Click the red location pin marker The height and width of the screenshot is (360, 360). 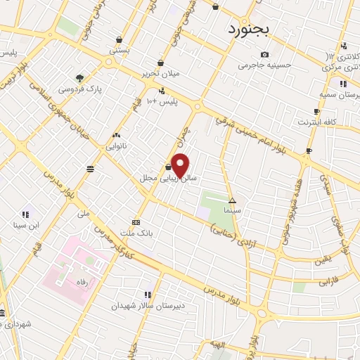(x=181, y=166)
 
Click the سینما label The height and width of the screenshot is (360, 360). (x=232, y=210)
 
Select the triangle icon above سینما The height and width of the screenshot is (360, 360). (x=232, y=200)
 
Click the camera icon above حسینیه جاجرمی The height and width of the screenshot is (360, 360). (x=264, y=54)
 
